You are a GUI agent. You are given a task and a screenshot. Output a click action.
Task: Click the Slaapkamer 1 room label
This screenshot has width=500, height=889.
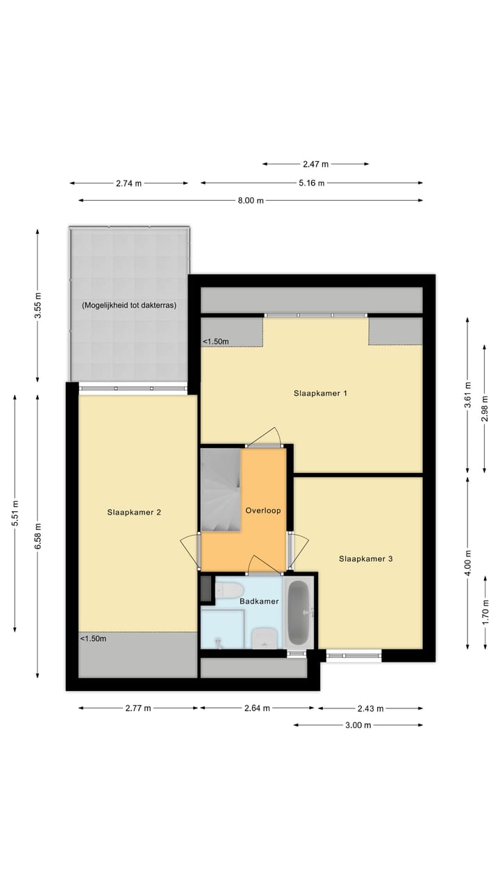[x=320, y=393]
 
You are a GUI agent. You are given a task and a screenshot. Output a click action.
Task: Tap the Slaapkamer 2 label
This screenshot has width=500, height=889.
[x=134, y=513]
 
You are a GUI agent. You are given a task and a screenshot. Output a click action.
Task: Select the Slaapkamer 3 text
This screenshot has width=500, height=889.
[x=366, y=558]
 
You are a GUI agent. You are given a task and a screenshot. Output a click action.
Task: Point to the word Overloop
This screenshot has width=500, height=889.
[x=263, y=510]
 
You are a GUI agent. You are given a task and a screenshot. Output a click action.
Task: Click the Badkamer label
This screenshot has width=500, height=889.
[x=259, y=601]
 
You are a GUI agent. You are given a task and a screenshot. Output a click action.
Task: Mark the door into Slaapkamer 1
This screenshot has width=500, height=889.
[x=264, y=437]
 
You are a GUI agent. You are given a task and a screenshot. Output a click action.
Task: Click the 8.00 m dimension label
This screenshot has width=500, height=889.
[x=251, y=201]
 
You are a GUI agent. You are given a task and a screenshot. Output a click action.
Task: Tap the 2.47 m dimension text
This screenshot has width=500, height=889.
[x=315, y=165]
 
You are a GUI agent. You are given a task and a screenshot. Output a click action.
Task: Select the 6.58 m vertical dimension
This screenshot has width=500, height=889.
[x=37, y=535]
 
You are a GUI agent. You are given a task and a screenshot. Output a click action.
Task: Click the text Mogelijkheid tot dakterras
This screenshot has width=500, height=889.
[x=128, y=305]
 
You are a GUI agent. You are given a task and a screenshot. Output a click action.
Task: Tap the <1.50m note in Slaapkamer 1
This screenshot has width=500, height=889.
[x=216, y=341]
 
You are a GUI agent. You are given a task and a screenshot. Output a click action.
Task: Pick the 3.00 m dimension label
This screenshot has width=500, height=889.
[x=358, y=725]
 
